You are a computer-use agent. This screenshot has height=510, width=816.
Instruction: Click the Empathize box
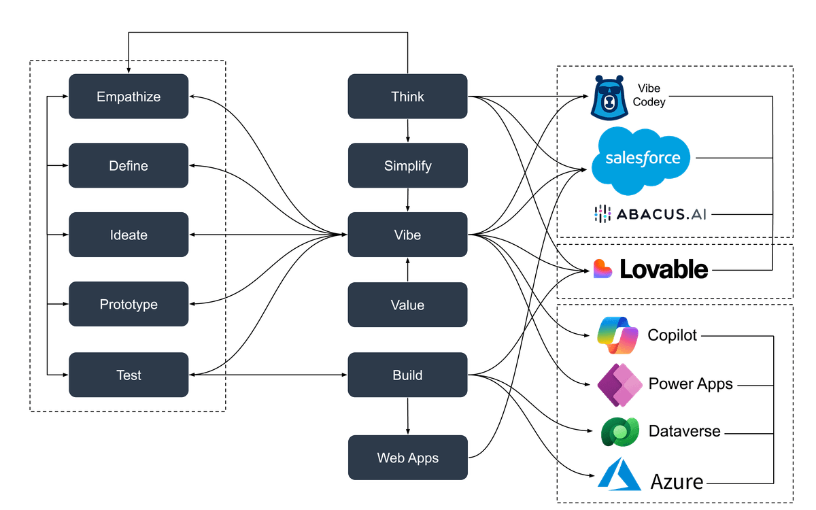pos(129,97)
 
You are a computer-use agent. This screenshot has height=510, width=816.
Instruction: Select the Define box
pos(129,166)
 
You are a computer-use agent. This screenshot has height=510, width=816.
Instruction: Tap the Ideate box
pos(129,235)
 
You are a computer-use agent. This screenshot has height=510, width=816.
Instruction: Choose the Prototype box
pos(129,305)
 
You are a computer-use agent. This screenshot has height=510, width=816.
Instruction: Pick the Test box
pos(129,375)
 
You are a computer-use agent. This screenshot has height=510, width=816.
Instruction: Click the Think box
pos(407,97)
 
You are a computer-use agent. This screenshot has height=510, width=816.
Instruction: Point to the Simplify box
pos(407,166)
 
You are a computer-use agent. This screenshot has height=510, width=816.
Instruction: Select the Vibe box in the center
pos(407,235)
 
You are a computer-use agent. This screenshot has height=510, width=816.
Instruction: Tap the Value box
pos(407,305)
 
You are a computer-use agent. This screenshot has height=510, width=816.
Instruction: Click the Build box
pos(407,375)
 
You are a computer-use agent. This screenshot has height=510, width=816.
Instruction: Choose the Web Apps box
pos(407,458)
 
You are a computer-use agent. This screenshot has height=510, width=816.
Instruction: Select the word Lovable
pos(663,270)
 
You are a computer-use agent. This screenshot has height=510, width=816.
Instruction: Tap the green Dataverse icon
pos(619,431)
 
